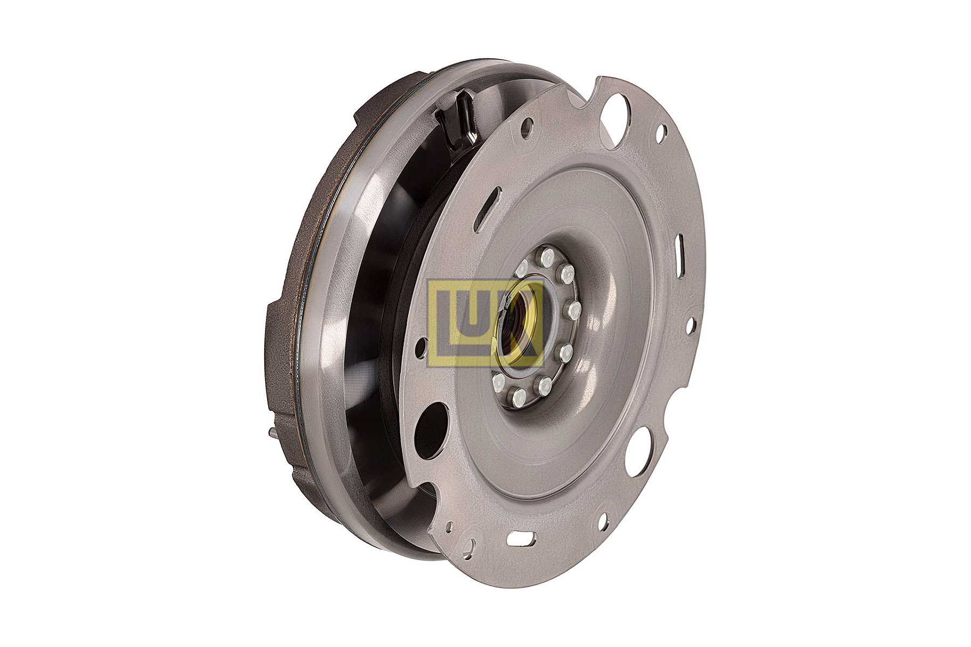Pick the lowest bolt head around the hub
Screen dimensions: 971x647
[x=519, y=398]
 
